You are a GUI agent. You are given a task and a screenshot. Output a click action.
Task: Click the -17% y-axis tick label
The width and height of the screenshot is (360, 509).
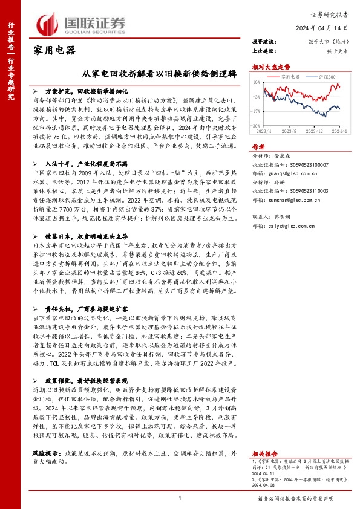click(x=258, y=111)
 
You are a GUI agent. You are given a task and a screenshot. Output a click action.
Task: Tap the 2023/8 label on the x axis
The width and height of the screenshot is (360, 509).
click(x=289, y=131)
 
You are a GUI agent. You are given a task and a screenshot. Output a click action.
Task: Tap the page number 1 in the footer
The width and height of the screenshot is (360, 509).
click(x=180, y=498)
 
